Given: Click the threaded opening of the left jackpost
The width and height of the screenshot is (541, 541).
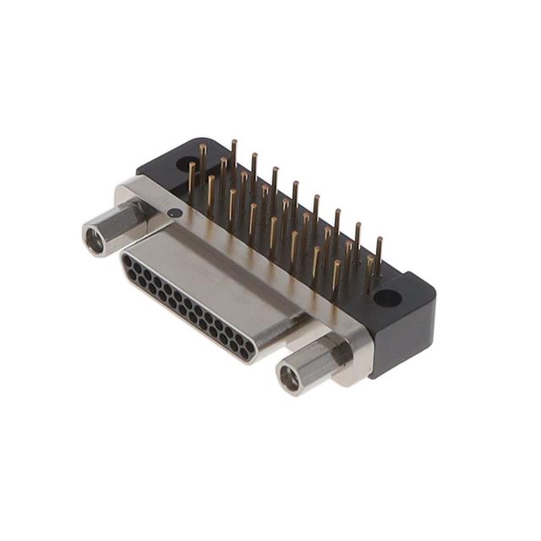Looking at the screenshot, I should coord(95,241).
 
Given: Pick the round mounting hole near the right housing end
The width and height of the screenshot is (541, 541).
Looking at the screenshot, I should coord(388,298).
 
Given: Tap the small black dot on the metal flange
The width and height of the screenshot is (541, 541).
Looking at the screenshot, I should coord(173,213).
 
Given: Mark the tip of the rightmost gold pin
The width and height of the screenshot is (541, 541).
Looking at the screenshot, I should coord(379,240).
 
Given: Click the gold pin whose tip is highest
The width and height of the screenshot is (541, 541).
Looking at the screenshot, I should coord(234,144).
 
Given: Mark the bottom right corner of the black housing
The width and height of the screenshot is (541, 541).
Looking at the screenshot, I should coord(378,377).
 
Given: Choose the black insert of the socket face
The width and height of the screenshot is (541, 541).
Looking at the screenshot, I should coord(186,308).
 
